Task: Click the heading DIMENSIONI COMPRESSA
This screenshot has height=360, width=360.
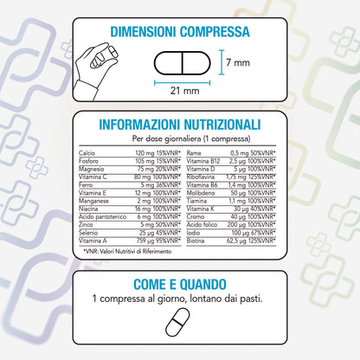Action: pyautogui.click(x=180, y=32)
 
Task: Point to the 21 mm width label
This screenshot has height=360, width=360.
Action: pyautogui.click(x=179, y=90)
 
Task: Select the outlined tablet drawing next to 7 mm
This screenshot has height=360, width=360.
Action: pyautogui.click(x=179, y=64)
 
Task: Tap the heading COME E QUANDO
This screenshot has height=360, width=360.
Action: pyautogui.click(x=180, y=285)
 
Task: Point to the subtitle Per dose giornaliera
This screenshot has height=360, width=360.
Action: pyautogui.click(x=179, y=138)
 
